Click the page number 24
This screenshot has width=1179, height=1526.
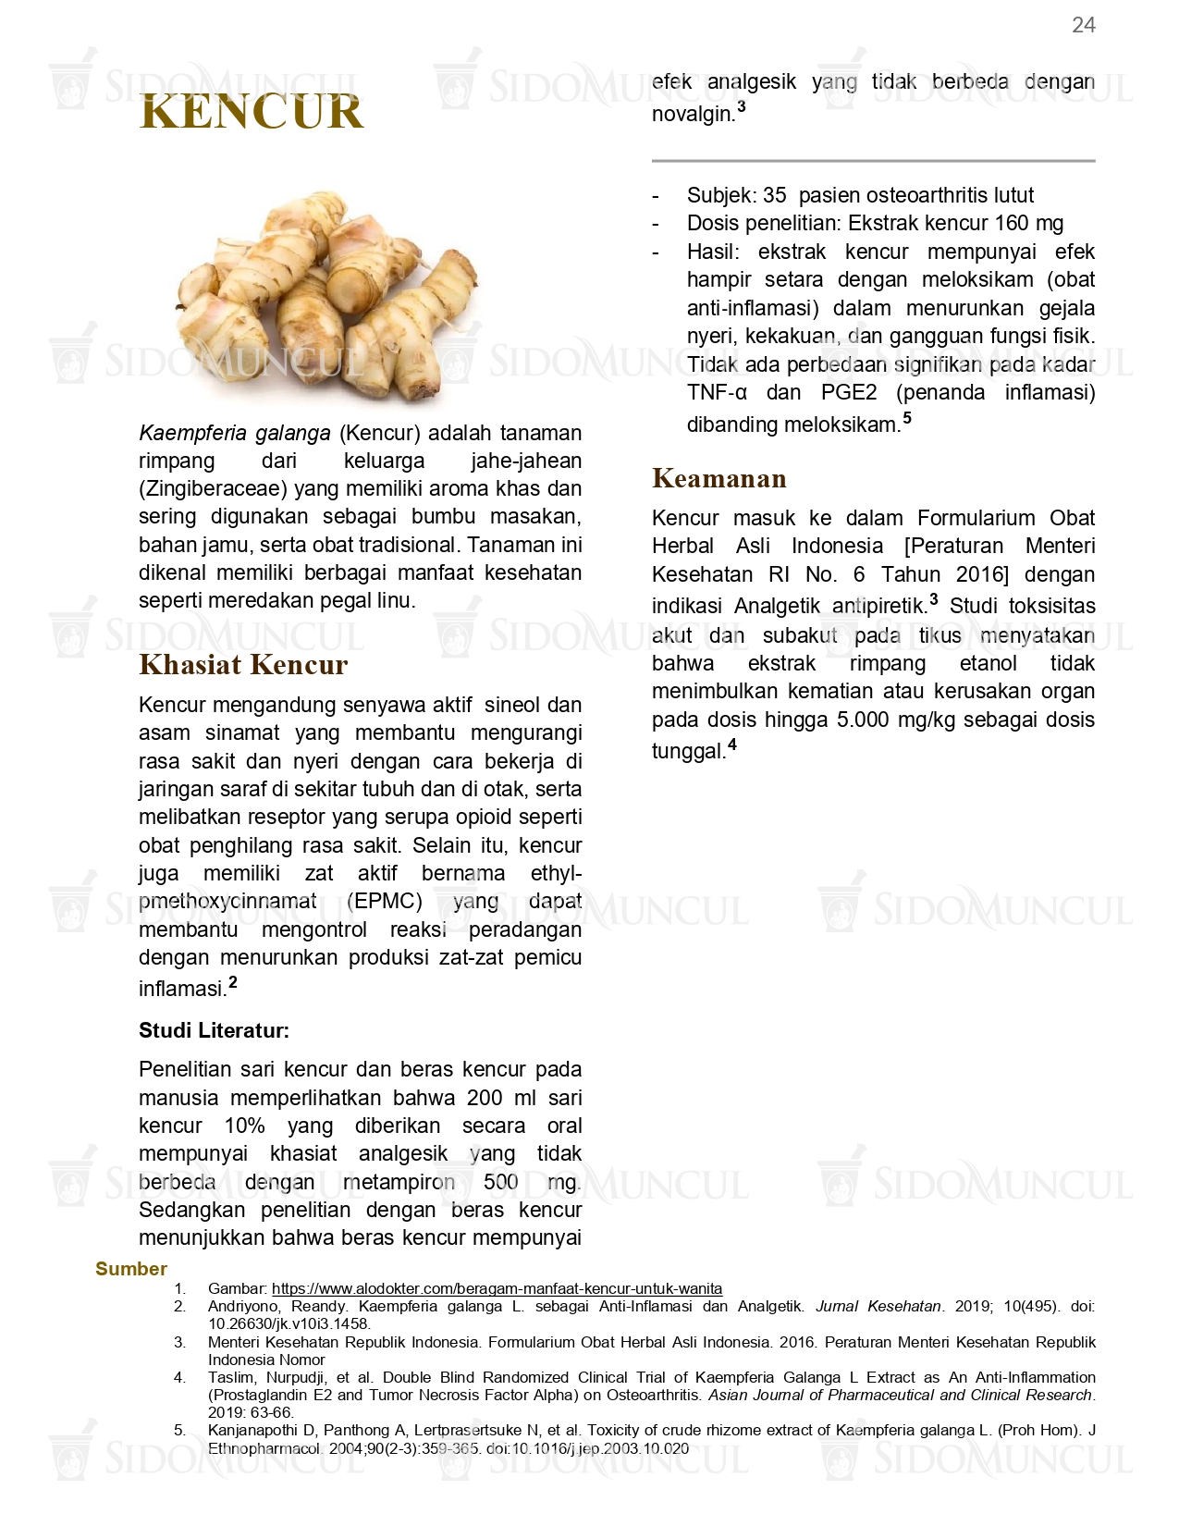1083,25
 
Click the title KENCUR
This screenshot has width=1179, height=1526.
252,112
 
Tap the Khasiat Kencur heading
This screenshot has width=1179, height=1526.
243,664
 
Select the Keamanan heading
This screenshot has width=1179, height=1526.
718,478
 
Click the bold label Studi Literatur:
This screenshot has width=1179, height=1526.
214,1030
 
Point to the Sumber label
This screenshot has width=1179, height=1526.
131,1269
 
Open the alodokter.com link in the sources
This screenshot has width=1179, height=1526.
497,1288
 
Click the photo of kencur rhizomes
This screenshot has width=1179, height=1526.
328,296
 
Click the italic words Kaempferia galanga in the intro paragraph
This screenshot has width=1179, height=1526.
235,433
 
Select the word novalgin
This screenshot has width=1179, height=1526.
693,115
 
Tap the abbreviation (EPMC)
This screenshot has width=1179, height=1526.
384,901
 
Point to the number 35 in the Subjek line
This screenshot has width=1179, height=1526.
774,195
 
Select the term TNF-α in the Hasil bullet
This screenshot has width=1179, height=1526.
717,392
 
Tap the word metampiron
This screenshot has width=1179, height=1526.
399,1182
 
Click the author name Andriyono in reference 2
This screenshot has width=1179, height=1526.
243,1306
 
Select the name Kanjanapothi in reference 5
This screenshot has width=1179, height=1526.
252,1430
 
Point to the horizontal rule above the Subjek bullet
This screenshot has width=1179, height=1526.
873,161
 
